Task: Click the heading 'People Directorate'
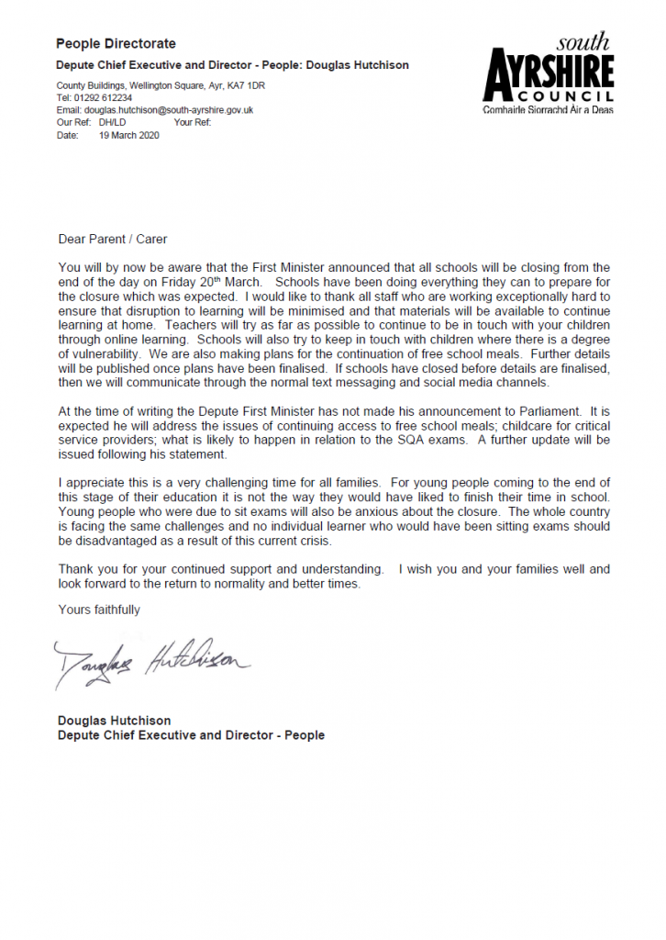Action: tap(116, 43)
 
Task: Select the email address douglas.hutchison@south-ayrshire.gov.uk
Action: tap(168, 110)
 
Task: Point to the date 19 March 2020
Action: tap(128, 135)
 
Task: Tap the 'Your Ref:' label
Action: tap(192, 122)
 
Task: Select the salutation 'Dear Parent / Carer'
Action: tap(113, 240)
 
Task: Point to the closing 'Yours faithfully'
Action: tap(99, 610)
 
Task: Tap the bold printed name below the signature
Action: tap(114, 721)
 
